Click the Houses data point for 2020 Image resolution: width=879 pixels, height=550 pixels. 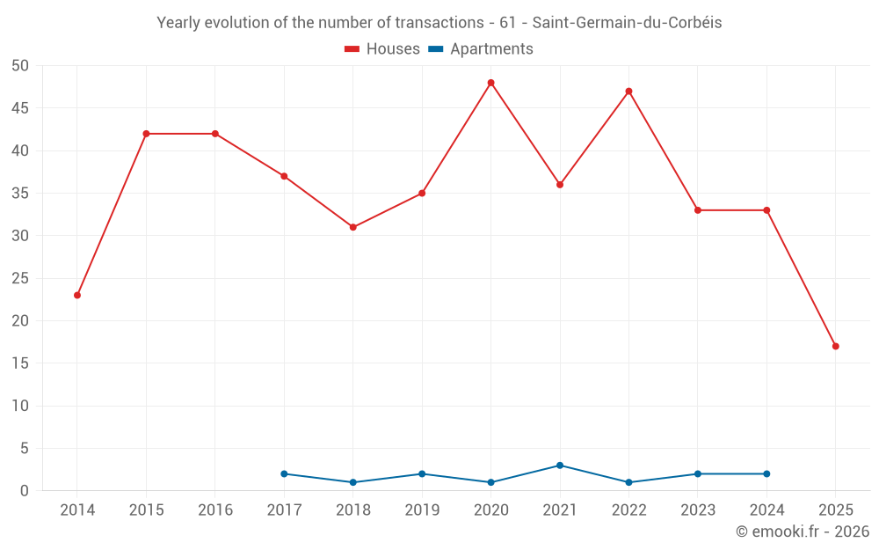click(x=490, y=83)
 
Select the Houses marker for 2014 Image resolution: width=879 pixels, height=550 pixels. click(x=77, y=295)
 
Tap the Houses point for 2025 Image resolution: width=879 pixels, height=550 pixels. click(x=835, y=346)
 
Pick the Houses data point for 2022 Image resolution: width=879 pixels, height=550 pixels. click(x=628, y=92)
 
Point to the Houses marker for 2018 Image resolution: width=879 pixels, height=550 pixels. click(x=353, y=227)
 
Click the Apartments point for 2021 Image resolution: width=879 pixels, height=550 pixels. click(x=560, y=466)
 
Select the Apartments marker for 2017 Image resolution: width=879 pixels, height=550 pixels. click(x=284, y=473)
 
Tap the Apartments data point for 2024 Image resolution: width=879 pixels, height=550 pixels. click(x=766, y=473)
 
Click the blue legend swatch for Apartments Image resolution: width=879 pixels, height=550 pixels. click(x=435, y=49)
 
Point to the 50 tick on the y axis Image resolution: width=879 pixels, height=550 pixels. click(x=20, y=66)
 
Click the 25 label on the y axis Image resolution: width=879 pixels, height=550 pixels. click(x=20, y=278)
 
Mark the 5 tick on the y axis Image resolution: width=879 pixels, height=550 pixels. click(x=25, y=448)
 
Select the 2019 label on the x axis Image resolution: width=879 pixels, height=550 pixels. click(x=422, y=510)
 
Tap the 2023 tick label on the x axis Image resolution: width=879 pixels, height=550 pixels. click(x=698, y=510)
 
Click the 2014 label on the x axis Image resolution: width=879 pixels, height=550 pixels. click(x=77, y=510)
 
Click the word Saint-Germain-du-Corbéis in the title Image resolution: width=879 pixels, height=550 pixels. click(x=627, y=23)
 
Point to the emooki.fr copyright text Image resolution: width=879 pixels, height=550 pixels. click(x=802, y=532)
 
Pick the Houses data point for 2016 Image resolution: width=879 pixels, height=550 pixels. click(x=215, y=134)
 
